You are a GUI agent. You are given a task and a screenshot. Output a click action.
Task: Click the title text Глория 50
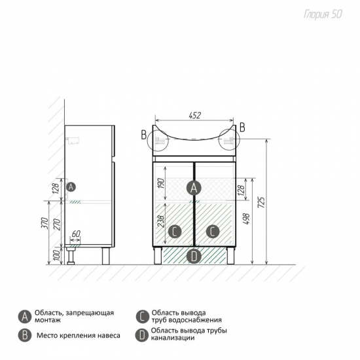point(323,14)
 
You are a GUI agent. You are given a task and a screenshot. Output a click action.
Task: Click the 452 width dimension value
point(194,115)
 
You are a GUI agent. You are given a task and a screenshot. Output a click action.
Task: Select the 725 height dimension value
point(261,202)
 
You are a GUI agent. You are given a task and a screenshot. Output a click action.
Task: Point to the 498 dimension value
point(246,219)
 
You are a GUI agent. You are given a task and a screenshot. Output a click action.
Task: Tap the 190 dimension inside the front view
point(161,184)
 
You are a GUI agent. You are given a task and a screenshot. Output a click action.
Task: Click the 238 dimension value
point(161,221)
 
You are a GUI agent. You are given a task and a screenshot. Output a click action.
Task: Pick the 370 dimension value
point(45,223)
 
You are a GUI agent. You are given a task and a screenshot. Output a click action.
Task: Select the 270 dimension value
point(57,225)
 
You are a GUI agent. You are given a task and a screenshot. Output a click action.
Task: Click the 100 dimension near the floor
point(57,255)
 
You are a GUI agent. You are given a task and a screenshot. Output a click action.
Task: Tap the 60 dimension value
point(76,234)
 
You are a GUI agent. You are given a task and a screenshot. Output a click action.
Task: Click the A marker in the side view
point(71,187)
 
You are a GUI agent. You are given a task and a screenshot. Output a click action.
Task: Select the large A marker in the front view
point(194,188)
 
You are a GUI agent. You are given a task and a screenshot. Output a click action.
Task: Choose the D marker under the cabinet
point(194,257)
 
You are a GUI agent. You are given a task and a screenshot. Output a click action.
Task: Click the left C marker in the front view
point(175,232)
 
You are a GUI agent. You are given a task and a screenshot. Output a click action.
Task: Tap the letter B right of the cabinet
point(242,127)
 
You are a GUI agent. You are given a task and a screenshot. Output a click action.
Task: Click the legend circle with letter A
point(25,317)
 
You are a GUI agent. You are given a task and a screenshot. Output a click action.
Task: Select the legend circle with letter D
point(142,335)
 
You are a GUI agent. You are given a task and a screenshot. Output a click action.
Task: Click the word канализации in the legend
point(173,338)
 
